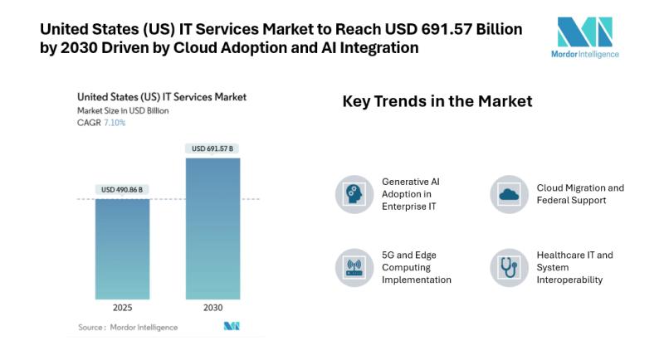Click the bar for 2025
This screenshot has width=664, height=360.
click(122, 249)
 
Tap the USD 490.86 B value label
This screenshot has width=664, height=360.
click(122, 190)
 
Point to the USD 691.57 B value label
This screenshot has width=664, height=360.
click(212, 149)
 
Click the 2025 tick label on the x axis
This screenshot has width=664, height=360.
click(122, 308)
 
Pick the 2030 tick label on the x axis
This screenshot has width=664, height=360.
click(212, 308)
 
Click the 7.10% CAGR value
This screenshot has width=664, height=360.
click(115, 123)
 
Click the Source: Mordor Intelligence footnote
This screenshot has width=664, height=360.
click(128, 327)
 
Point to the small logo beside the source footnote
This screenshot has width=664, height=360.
click(232, 326)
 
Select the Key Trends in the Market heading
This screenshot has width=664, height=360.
click(437, 101)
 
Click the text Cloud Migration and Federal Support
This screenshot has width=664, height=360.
click(580, 193)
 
